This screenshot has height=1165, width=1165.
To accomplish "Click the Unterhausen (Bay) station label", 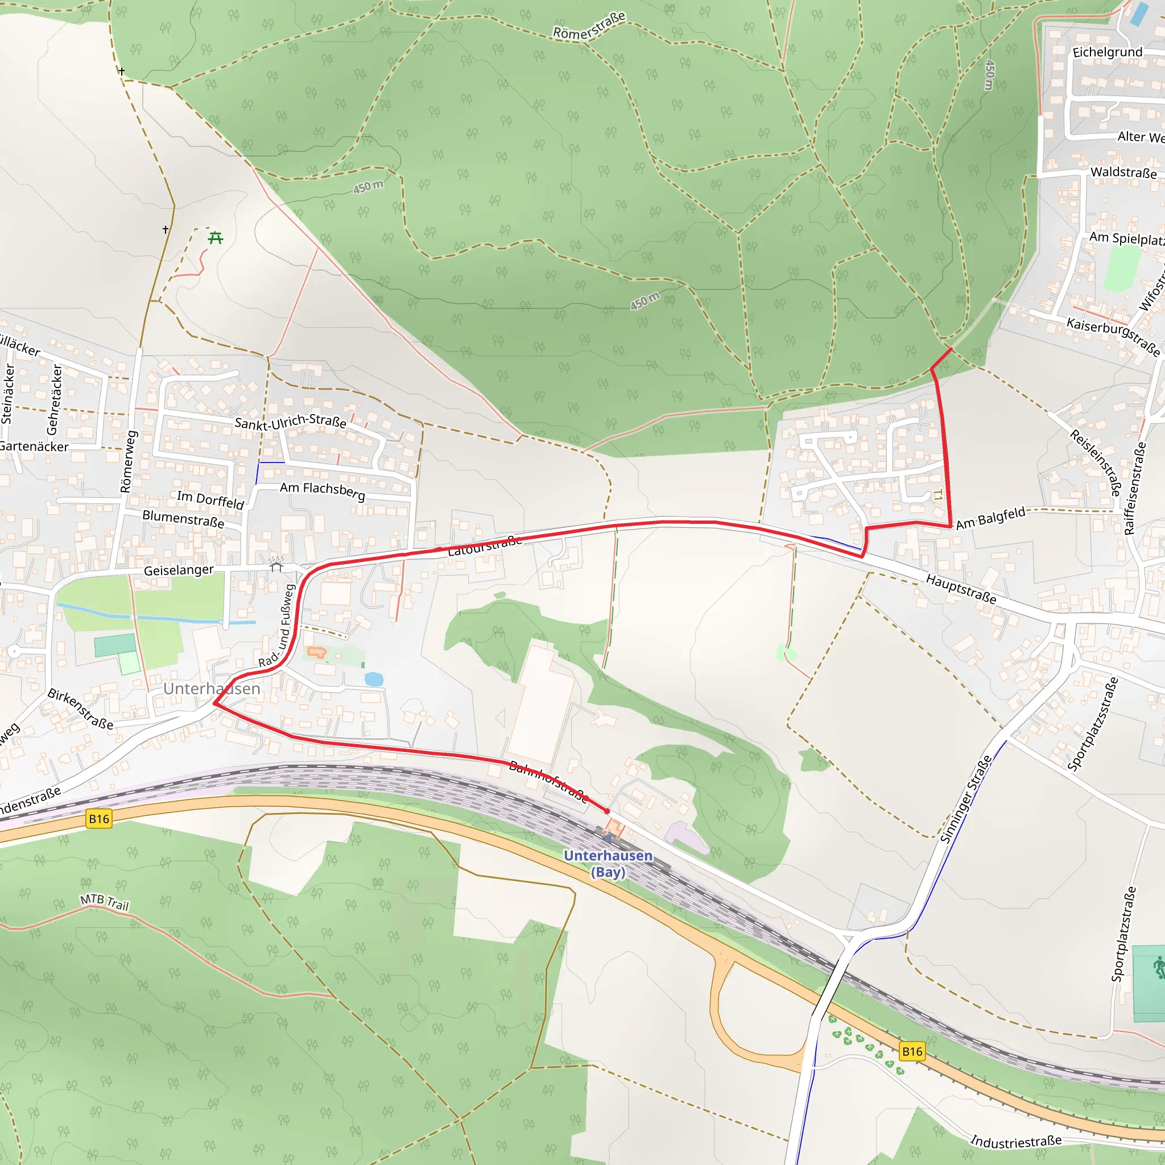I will point(608,864).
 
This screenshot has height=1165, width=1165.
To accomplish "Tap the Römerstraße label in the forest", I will point(589,26).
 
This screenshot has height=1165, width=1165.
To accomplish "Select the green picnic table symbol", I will point(215,238).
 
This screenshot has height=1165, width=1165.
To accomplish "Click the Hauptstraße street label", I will point(961,589).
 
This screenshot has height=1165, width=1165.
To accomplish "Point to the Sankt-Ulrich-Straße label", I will point(290,422).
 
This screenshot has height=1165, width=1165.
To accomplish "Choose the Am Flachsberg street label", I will point(323,491).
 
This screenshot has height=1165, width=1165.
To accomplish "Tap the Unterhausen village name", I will point(212,689).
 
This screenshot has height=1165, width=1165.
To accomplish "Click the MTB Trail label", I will point(105,902).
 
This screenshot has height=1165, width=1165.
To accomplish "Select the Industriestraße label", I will point(1015,1142).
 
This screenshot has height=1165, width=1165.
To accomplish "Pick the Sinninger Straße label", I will point(966,799).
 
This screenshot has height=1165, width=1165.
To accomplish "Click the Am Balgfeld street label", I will point(991,518).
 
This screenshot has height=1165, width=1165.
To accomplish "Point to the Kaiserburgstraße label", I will point(1113,337).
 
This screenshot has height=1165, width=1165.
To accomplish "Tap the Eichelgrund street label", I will point(1107,52).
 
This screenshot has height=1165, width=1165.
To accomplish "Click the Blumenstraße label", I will point(183,519).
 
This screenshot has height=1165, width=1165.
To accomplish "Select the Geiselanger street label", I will point(179,570).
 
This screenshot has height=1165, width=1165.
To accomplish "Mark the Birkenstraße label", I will point(81,709).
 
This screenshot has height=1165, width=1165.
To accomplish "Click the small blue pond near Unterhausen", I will point(374,679).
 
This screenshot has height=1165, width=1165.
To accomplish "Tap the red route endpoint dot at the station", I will point(607,812).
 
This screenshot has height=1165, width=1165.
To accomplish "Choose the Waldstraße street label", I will point(1123,172).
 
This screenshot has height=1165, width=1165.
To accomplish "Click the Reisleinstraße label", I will point(1095,462).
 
